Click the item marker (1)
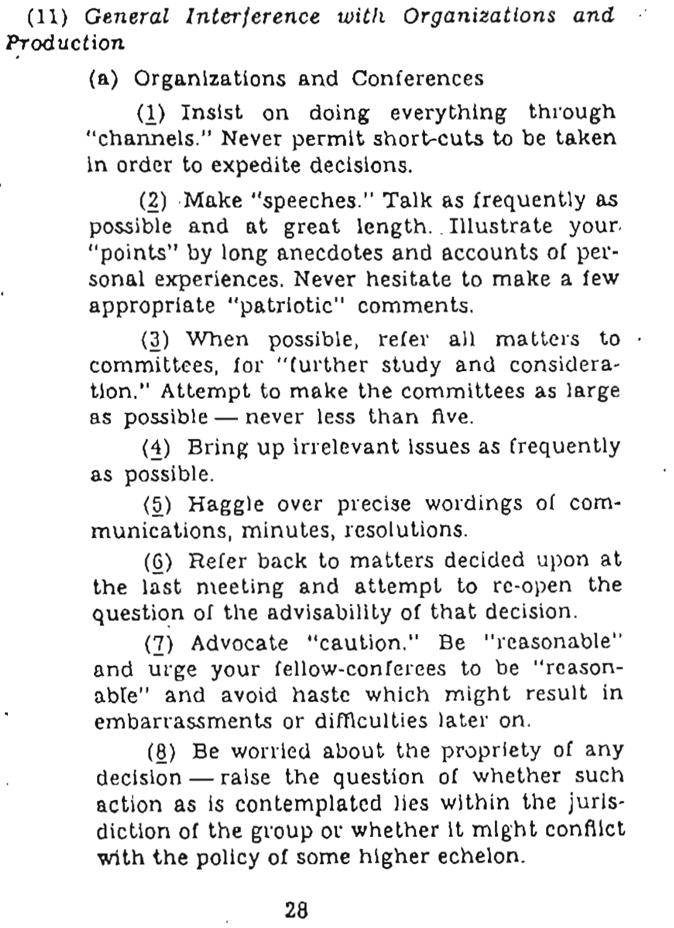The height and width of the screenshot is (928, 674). point(152,113)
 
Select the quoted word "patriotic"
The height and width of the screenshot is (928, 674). point(292,306)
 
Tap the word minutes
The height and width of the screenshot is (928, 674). point(282,530)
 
